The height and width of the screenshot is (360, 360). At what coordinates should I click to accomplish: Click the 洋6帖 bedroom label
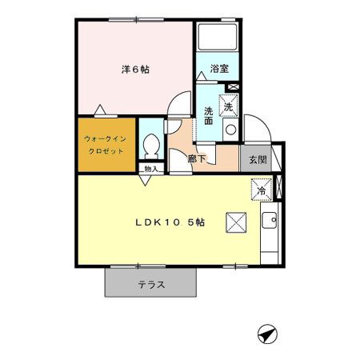(x=135, y=70)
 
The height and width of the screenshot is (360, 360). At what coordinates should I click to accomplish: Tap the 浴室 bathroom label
(x=218, y=70)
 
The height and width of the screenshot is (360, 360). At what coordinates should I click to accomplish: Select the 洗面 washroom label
(x=208, y=116)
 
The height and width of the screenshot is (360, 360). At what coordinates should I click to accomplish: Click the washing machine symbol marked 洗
(x=230, y=105)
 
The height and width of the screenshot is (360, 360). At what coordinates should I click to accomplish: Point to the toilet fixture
(x=150, y=145)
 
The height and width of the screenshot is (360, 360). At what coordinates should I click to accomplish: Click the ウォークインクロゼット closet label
(x=107, y=144)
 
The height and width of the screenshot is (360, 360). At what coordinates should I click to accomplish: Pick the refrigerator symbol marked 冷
(x=262, y=190)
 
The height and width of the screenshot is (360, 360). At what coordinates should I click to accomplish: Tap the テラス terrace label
(x=150, y=284)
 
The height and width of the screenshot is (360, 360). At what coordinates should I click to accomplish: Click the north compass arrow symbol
(x=266, y=334)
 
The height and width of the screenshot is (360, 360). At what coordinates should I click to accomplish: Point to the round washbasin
(x=230, y=130)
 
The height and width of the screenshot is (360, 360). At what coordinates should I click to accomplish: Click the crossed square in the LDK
(x=236, y=222)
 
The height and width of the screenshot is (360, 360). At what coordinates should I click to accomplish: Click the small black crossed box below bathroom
(x=234, y=86)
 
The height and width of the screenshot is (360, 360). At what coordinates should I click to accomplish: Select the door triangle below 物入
(x=145, y=180)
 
